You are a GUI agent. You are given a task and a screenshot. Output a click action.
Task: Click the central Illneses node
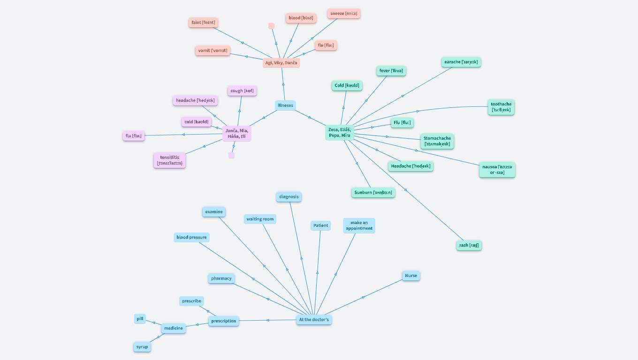point(285,105)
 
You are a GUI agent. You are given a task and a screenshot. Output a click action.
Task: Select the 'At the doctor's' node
point(314,320)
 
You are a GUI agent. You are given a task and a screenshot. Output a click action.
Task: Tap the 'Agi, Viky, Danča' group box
point(281,63)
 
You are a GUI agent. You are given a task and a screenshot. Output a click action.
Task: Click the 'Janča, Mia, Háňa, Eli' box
point(237,134)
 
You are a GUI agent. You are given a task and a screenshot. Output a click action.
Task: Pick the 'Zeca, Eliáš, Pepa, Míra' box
point(340,133)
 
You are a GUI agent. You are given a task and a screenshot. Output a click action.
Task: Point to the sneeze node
point(344,14)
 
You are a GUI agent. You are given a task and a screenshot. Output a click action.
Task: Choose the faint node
point(204,22)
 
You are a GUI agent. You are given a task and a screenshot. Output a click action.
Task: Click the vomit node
point(213,51)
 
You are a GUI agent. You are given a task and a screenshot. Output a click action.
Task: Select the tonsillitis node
point(169,160)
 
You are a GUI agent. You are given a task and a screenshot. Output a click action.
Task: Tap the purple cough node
point(242,91)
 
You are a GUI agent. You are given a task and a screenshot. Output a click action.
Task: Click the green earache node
point(461,62)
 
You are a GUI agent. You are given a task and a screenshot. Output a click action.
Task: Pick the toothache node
point(501,107)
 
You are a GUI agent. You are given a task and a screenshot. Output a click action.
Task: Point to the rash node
point(469,245)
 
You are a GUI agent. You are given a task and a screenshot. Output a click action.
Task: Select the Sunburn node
point(373,193)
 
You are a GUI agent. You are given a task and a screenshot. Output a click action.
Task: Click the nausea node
point(497,170)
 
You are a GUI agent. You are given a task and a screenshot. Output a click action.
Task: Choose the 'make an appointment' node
point(359,225)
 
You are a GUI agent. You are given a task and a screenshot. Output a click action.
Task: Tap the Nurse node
point(411,276)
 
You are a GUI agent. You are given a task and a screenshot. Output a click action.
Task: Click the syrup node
point(142,347)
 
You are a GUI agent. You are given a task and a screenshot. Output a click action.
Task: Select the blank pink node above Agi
point(271,26)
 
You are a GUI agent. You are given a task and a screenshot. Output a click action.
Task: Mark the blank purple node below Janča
point(231,155)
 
